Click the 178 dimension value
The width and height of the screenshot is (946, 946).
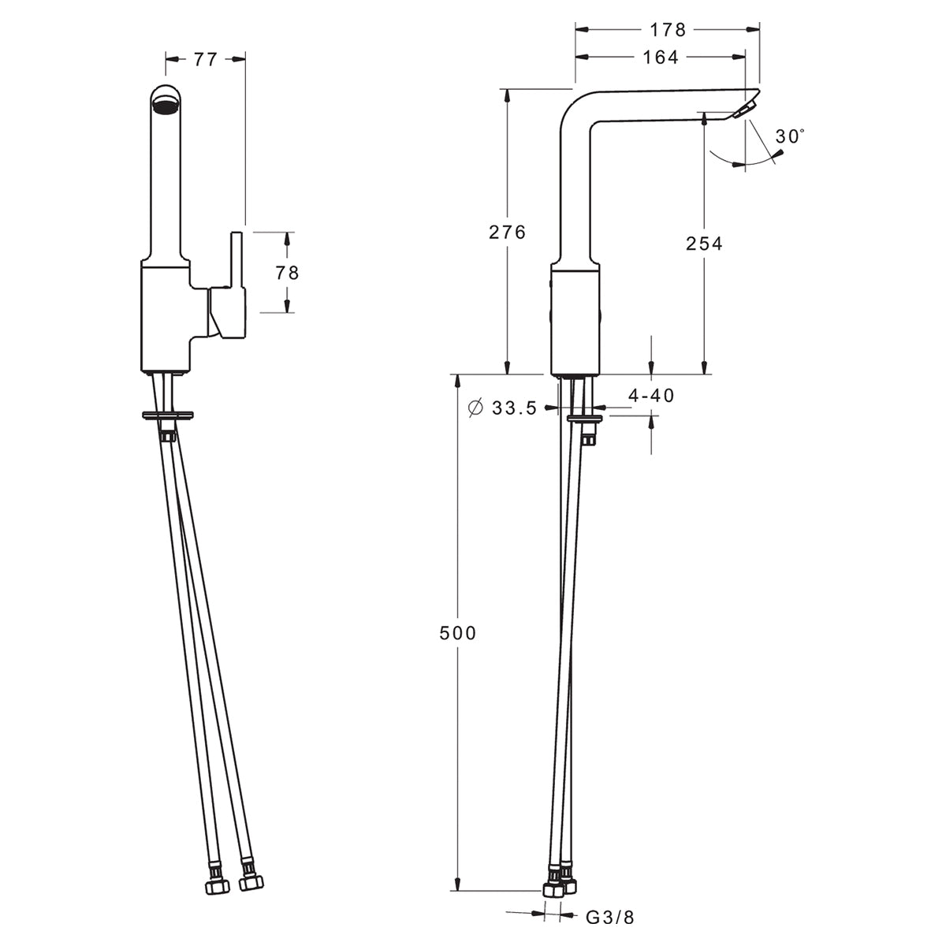click(x=668, y=30)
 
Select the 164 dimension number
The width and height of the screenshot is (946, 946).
click(x=661, y=58)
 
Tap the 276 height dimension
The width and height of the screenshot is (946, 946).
click(x=507, y=232)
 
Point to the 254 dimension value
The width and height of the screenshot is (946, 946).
click(x=705, y=243)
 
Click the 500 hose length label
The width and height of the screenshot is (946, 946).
click(x=457, y=633)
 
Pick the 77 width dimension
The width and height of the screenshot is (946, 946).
click(x=205, y=59)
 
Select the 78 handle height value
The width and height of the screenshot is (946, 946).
click(x=287, y=273)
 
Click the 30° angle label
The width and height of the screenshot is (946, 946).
click(x=790, y=136)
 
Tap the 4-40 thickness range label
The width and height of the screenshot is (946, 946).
click(x=651, y=395)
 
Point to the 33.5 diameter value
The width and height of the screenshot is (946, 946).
click(x=515, y=408)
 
